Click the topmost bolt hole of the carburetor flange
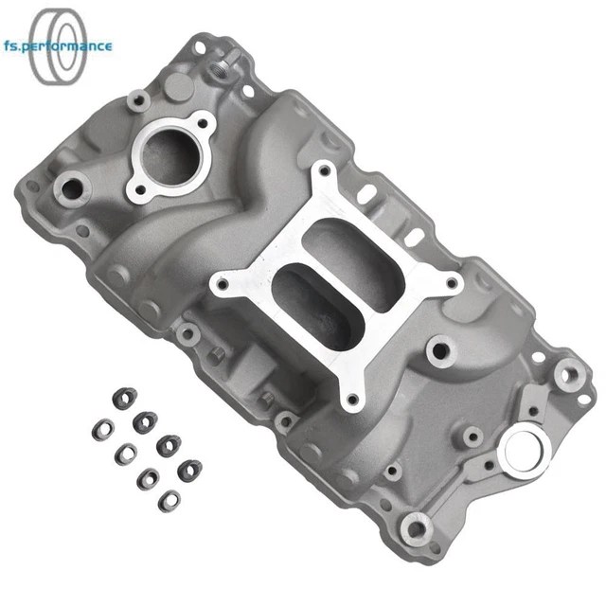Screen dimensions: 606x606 (x=324, y=171)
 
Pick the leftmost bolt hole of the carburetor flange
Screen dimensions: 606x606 (x=223, y=281)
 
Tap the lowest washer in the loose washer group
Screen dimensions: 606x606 (x=169, y=500)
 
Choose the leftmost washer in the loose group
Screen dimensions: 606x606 (x=99, y=431)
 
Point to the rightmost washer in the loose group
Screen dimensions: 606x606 (x=189, y=468)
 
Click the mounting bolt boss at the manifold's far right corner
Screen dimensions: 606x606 (x=567, y=373)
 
